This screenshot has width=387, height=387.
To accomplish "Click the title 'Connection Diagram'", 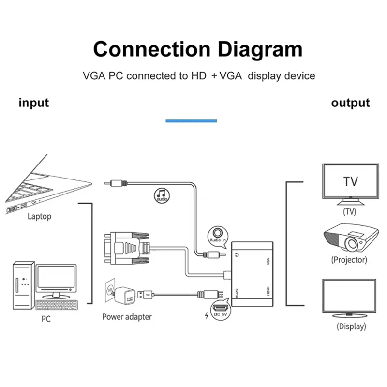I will [x=197, y=49].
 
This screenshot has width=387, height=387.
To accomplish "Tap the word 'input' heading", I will [x=34, y=103].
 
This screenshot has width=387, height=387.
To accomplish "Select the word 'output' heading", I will [x=350, y=103].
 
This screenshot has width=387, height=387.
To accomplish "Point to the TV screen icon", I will [x=350, y=182].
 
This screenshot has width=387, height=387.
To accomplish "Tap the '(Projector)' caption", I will [x=349, y=260].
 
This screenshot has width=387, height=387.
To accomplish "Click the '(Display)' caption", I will [x=351, y=326].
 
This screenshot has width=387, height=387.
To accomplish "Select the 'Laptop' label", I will [x=39, y=216].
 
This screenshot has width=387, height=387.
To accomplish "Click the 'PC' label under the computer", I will [x=45, y=319].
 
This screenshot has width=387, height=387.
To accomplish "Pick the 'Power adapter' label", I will [x=127, y=317].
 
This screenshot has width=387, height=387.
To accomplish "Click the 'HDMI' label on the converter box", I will [x=267, y=291].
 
